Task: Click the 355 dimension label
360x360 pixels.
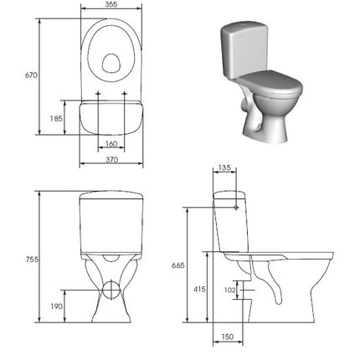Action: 111,4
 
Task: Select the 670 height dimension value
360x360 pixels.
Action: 31,75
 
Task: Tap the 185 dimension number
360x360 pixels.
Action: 56,119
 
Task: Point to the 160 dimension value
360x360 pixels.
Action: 111,144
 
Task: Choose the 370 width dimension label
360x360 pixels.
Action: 111,160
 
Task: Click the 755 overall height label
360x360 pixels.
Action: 32,260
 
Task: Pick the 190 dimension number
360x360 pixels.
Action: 56,306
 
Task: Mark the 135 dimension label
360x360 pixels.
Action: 224,167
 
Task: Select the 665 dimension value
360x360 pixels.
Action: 178,265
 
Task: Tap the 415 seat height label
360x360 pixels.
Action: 199,290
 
